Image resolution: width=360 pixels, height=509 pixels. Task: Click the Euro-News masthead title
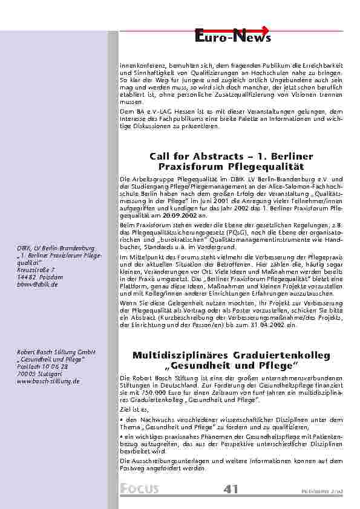[x=233, y=38]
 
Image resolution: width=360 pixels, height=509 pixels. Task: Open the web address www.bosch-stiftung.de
[x=48, y=381]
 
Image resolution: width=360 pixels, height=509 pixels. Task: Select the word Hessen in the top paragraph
[x=164, y=111]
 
